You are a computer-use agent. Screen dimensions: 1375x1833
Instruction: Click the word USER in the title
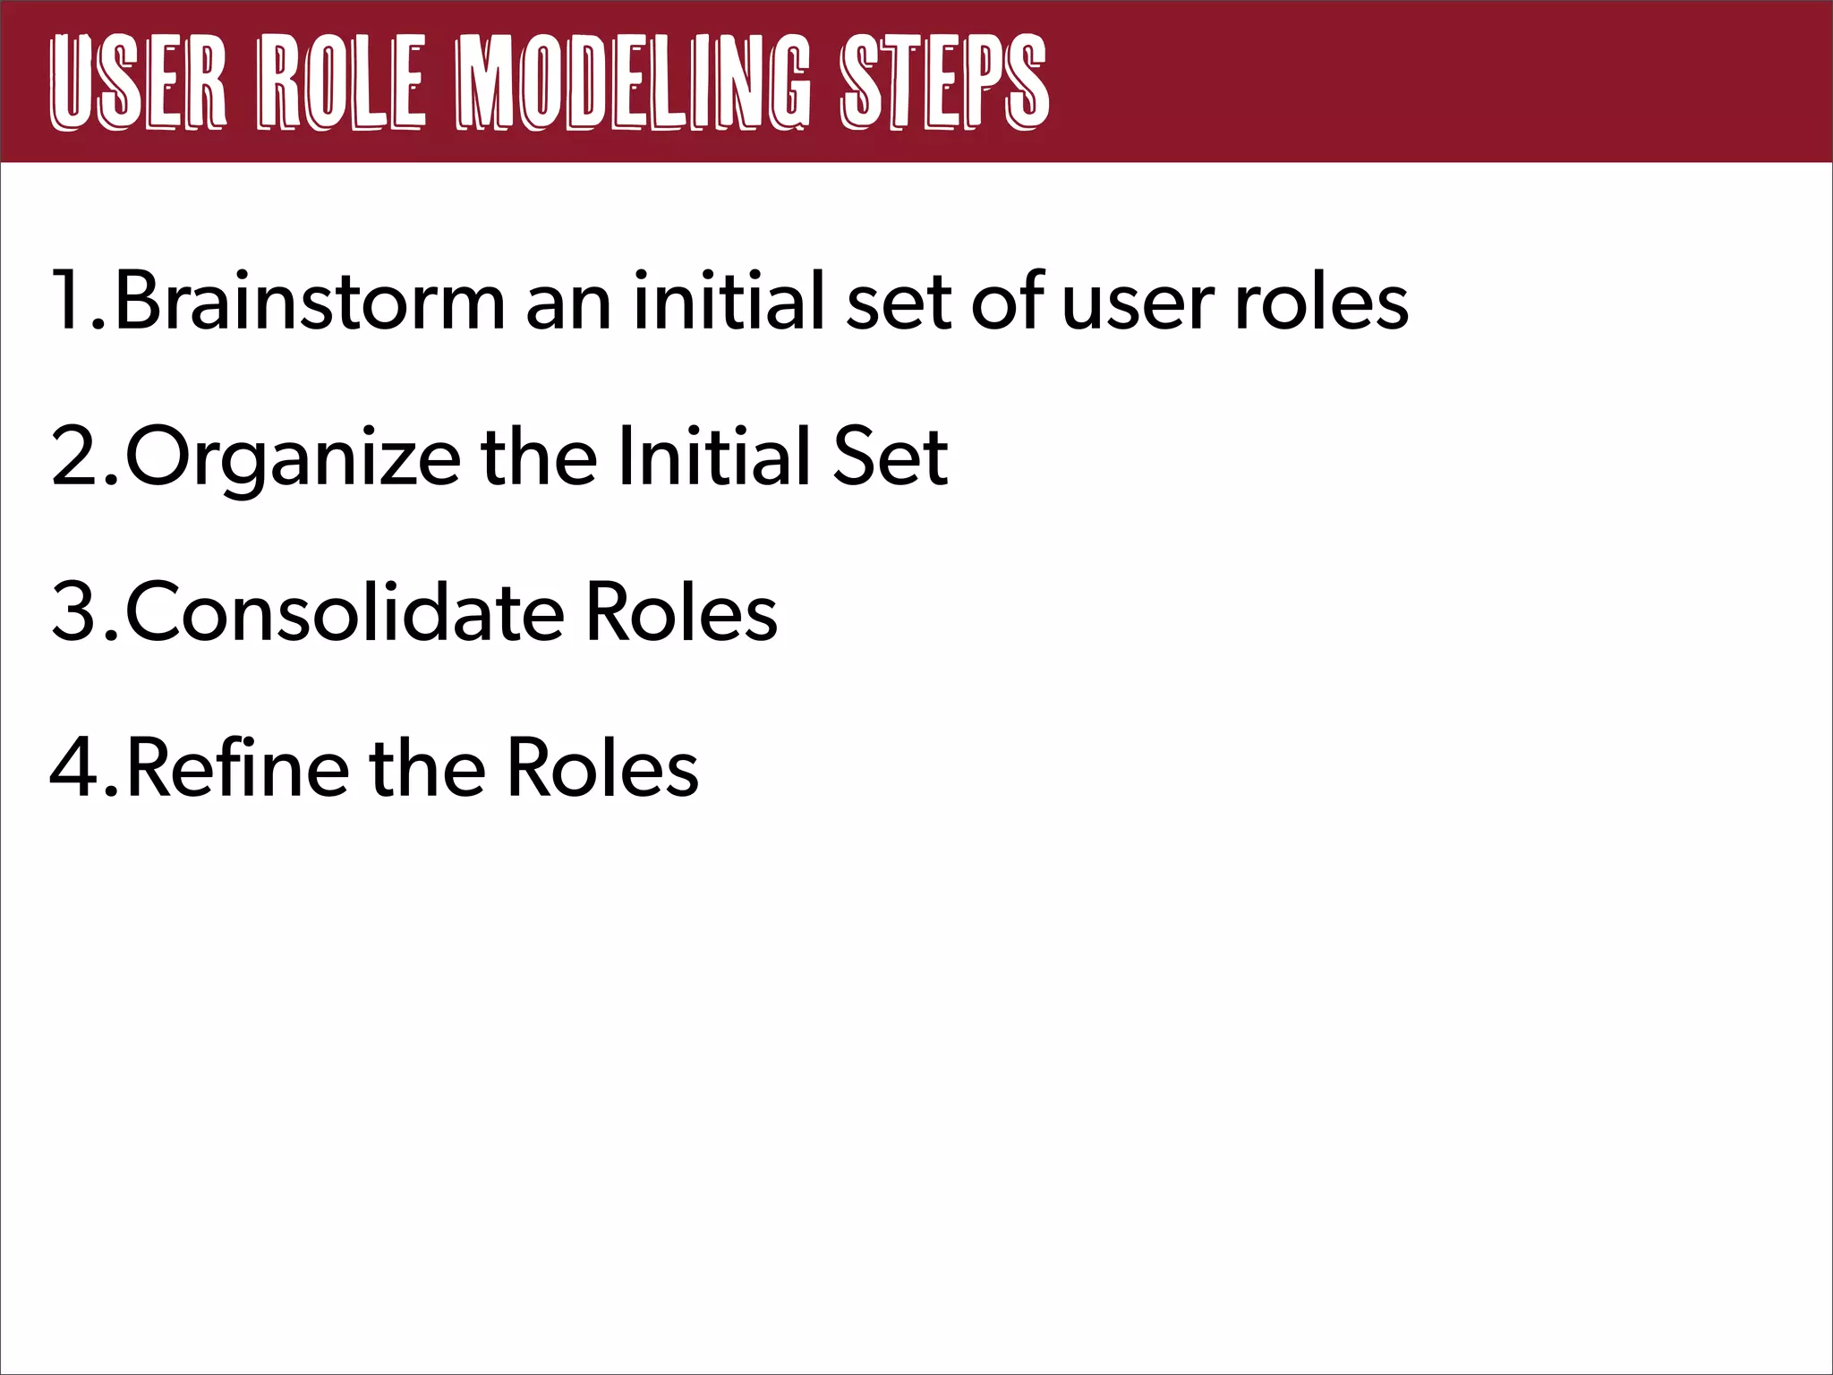pos(139,83)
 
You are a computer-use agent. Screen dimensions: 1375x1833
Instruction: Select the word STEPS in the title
pos(943,83)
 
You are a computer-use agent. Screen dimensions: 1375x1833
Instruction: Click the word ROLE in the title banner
pos(341,83)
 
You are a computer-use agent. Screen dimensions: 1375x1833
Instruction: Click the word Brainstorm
pos(310,302)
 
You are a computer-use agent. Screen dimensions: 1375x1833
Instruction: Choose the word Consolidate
pos(345,613)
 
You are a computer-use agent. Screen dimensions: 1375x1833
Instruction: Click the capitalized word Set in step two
pos(890,457)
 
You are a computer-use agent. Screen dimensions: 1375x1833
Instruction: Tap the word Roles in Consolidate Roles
pos(681,613)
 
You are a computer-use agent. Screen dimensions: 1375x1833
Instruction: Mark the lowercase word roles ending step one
pos(1321,303)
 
